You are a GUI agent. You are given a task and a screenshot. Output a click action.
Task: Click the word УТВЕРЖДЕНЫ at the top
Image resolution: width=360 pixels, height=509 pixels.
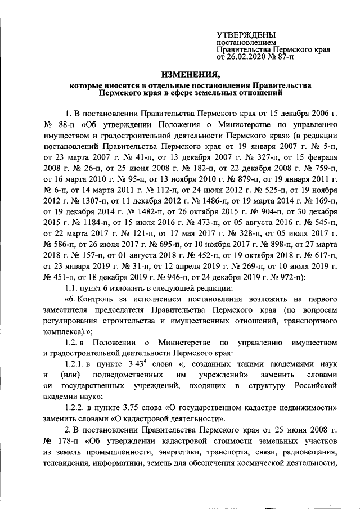point(246,35)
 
